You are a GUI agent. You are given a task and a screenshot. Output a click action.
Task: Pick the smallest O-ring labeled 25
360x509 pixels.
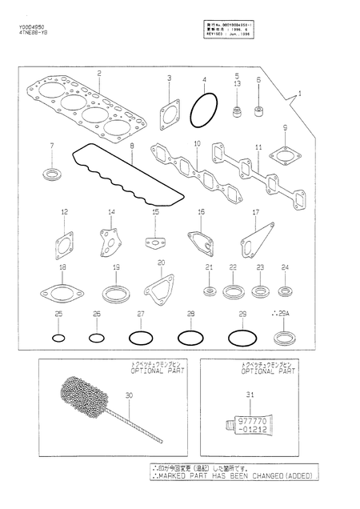[58, 338]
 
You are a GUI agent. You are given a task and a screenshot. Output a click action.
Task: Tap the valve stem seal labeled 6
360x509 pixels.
[258, 106]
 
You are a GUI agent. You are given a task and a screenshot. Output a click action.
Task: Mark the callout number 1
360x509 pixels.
[300, 93]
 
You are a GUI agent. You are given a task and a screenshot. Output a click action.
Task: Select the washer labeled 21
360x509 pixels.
[209, 288]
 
